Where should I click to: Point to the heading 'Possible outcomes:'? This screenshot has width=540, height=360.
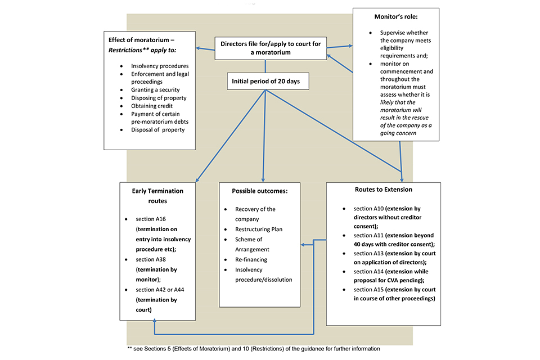click(260, 191)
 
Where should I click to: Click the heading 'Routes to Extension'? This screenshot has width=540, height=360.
click(383, 190)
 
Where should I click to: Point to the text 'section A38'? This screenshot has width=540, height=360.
click(148, 259)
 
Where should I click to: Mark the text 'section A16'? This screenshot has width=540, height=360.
click(148, 219)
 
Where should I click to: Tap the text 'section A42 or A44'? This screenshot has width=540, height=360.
click(159, 290)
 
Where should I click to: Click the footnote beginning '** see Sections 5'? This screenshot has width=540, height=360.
click(253, 349)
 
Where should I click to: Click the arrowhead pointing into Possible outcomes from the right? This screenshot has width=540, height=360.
click(303, 245)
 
